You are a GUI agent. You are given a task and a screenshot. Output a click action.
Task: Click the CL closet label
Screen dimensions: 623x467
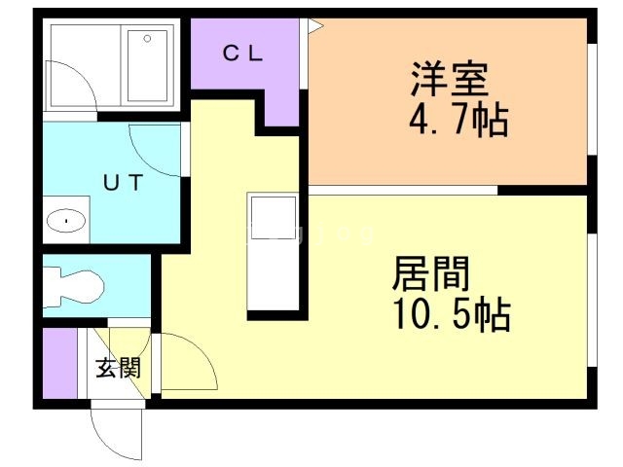coord(242,54)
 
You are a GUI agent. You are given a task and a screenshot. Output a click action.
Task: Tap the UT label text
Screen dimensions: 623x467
coord(123,183)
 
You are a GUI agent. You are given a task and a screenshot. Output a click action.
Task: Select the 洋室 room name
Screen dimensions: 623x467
coord(450,79)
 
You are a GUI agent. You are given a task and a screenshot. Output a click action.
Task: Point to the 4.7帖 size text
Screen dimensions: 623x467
coord(458,120)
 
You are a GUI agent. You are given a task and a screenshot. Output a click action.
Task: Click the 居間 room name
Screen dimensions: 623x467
coord(431,273)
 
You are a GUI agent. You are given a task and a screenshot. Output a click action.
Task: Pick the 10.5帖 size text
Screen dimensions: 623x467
coord(453,314)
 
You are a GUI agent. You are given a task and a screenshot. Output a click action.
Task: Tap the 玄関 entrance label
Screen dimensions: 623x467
coord(119,368)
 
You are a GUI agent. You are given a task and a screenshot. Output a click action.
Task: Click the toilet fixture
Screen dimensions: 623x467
coord(74,286)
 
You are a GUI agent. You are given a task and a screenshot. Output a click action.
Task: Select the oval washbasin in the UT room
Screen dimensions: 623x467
coord(66,221)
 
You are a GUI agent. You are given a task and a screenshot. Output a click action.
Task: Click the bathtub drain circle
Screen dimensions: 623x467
coord(147,39)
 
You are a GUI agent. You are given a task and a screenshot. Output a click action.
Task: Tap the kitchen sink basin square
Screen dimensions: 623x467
coord(274,218)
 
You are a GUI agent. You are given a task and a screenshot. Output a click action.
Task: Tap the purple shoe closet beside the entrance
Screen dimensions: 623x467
coord(59,363)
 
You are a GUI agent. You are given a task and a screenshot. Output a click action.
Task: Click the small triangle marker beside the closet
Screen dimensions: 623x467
coord(315,26)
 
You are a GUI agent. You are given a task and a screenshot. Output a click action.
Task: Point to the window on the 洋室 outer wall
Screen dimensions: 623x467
coord(593,99)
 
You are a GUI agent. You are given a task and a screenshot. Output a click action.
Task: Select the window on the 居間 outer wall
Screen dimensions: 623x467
coord(593,300)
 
